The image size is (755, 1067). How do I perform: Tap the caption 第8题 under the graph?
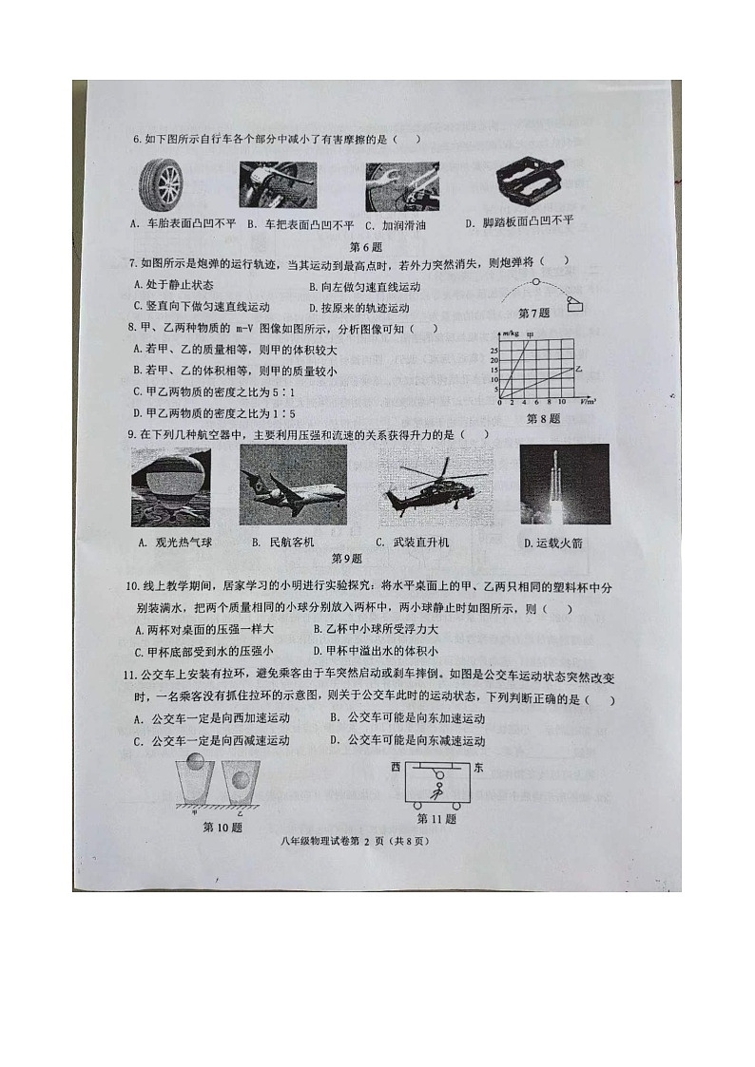point(543,418)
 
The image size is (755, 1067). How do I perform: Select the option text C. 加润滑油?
point(390,225)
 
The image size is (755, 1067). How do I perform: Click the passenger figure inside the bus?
point(437,787)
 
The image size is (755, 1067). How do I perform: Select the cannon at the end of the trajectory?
point(576,302)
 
